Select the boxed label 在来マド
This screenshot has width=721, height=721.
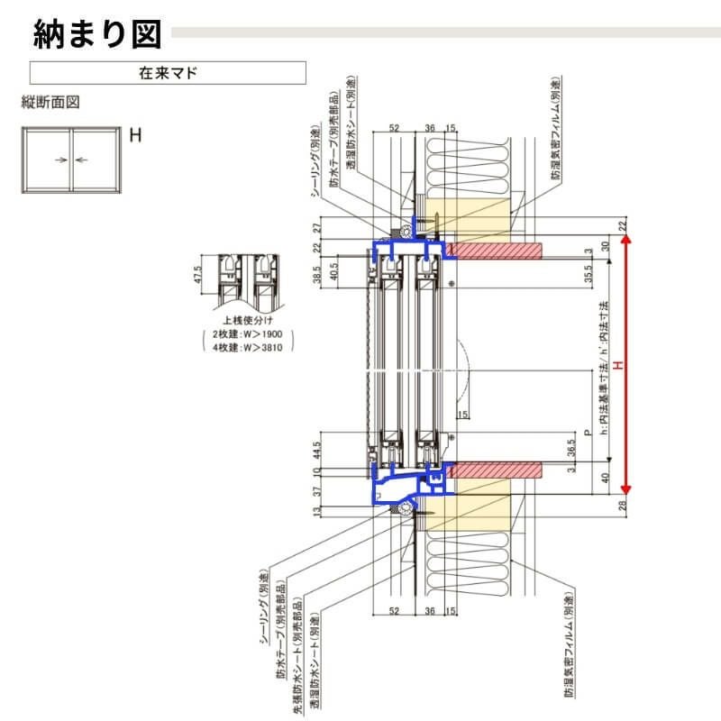pos(168,73)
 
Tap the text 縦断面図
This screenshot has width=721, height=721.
pos(50,102)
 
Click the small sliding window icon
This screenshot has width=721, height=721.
pos(73,160)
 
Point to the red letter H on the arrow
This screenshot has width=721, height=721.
pos(618,366)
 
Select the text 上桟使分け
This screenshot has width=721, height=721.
pos(247,320)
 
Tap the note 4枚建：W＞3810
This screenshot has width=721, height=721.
pos(247,346)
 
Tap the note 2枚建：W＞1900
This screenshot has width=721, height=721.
pos(247,333)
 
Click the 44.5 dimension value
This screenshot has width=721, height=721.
pos(318,449)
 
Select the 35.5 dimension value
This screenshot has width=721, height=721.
pos(588,273)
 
